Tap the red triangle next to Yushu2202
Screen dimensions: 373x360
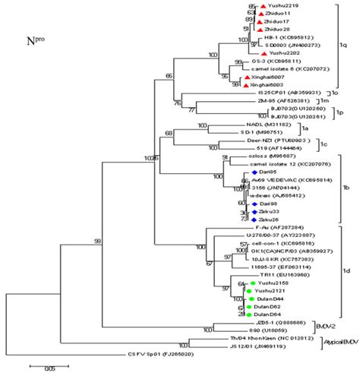click(264, 53)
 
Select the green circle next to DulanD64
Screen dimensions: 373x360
click(248, 314)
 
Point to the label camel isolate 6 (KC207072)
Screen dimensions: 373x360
click(273, 69)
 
